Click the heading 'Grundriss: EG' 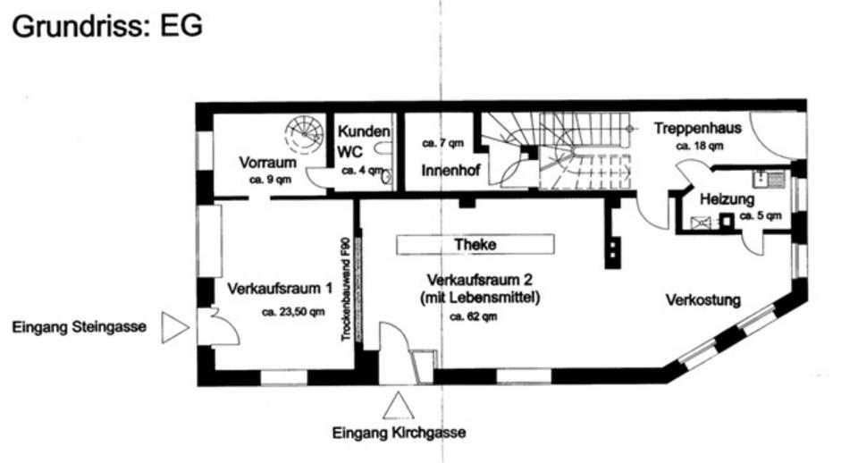(x=106, y=26)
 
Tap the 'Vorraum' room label (x=267, y=163)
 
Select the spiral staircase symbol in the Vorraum (x=304, y=135)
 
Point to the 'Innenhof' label (x=450, y=169)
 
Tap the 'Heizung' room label (x=727, y=198)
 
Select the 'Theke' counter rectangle (x=475, y=244)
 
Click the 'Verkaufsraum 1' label (x=280, y=289)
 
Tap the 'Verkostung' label (x=703, y=300)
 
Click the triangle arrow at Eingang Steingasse (x=174, y=328)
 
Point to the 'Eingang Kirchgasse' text (x=399, y=434)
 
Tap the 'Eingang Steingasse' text (x=80, y=328)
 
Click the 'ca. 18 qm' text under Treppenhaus (x=699, y=145)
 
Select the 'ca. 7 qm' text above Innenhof (x=443, y=143)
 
